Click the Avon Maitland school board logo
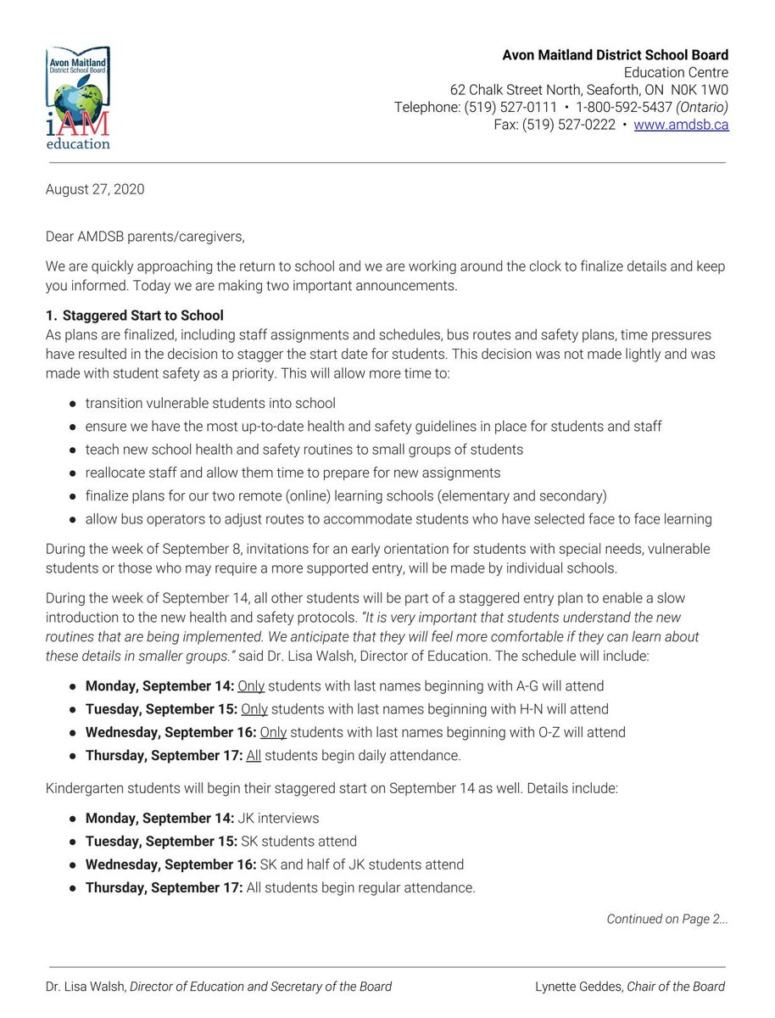click(x=78, y=98)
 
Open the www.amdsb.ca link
click(x=681, y=125)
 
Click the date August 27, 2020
click(x=94, y=189)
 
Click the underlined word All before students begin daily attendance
click(x=253, y=755)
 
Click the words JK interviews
click(x=282, y=819)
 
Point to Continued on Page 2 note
click(x=666, y=919)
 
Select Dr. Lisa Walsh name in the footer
click(x=85, y=987)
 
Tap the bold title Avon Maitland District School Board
click(x=615, y=55)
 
